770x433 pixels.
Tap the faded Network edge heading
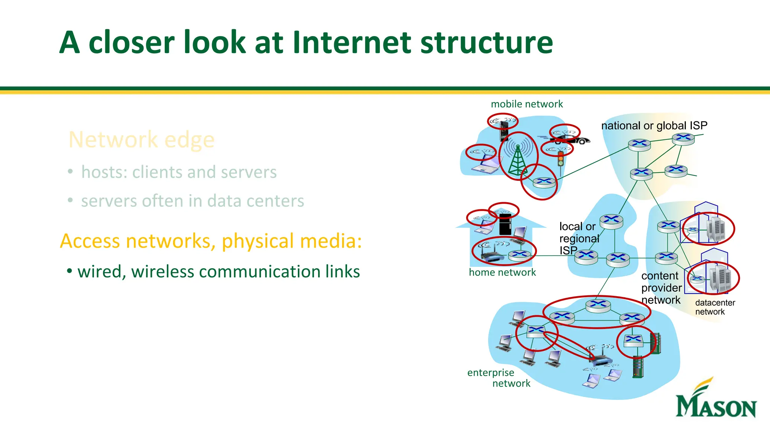pos(141,140)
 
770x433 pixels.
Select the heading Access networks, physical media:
pos(211,241)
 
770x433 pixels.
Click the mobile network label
pos(526,104)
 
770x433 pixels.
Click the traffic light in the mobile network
pos(561,159)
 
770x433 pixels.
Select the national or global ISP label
pos(654,126)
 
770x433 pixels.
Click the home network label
pos(502,272)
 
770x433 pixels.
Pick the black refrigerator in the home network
pos(505,225)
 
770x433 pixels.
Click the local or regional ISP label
pos(578,238)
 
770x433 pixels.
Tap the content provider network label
pos(661,288)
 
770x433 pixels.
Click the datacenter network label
pos(714,307)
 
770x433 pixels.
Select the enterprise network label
pos(498,378)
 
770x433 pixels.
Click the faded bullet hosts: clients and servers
pos(179,172)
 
